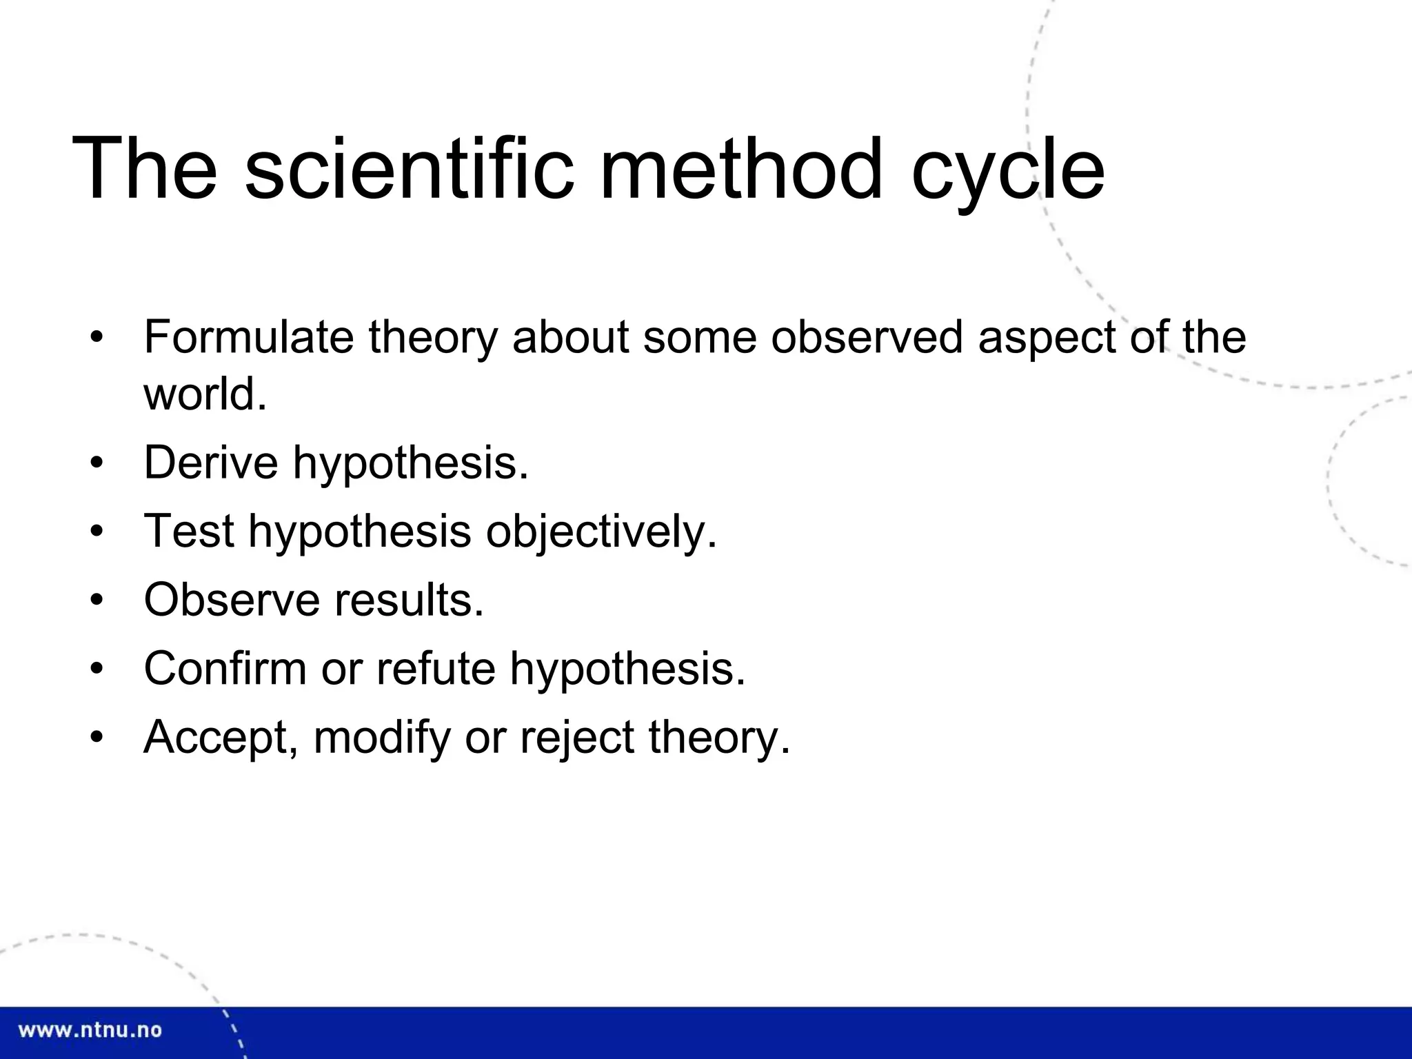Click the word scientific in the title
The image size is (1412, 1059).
[409, 169]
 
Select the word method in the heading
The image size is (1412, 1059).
[741, 169]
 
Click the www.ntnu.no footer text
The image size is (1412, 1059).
[90, 1031]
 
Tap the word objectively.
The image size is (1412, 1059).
[601, 532]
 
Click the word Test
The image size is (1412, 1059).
[189, 531]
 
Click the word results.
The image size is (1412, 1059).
[409, 600]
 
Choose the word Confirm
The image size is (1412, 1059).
[225, 668]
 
